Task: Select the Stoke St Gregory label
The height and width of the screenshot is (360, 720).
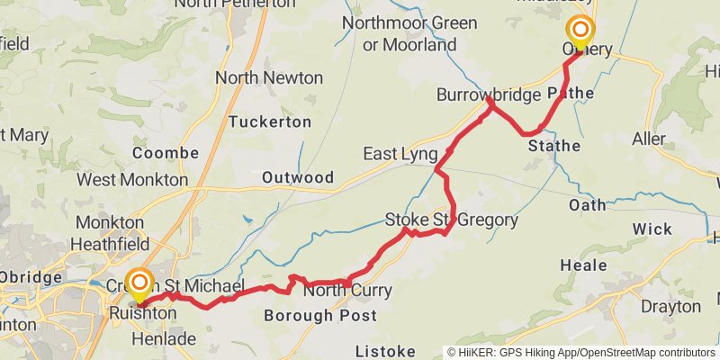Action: click(451, 220)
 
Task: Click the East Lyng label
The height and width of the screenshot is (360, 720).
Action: click(400, 154)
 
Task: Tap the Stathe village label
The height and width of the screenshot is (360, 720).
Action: click(553, 145)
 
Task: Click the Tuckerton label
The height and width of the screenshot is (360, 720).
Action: click(269, 121)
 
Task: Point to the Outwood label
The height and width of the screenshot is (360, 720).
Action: click(297, 177)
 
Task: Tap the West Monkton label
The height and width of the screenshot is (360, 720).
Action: click(132, 180)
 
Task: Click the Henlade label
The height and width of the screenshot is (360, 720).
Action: click(163, 338)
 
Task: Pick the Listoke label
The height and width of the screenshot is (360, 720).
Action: click(385, 350)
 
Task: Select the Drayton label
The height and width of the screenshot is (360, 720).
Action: click(670, 306)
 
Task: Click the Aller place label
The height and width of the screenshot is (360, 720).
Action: click(649, 139)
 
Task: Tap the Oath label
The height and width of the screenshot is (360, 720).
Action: click(587, 205)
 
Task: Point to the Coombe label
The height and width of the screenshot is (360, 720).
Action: click(165, 153)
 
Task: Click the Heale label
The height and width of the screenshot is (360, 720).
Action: click(583, 265)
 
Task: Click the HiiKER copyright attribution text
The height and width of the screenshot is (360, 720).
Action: click(581, 352)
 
